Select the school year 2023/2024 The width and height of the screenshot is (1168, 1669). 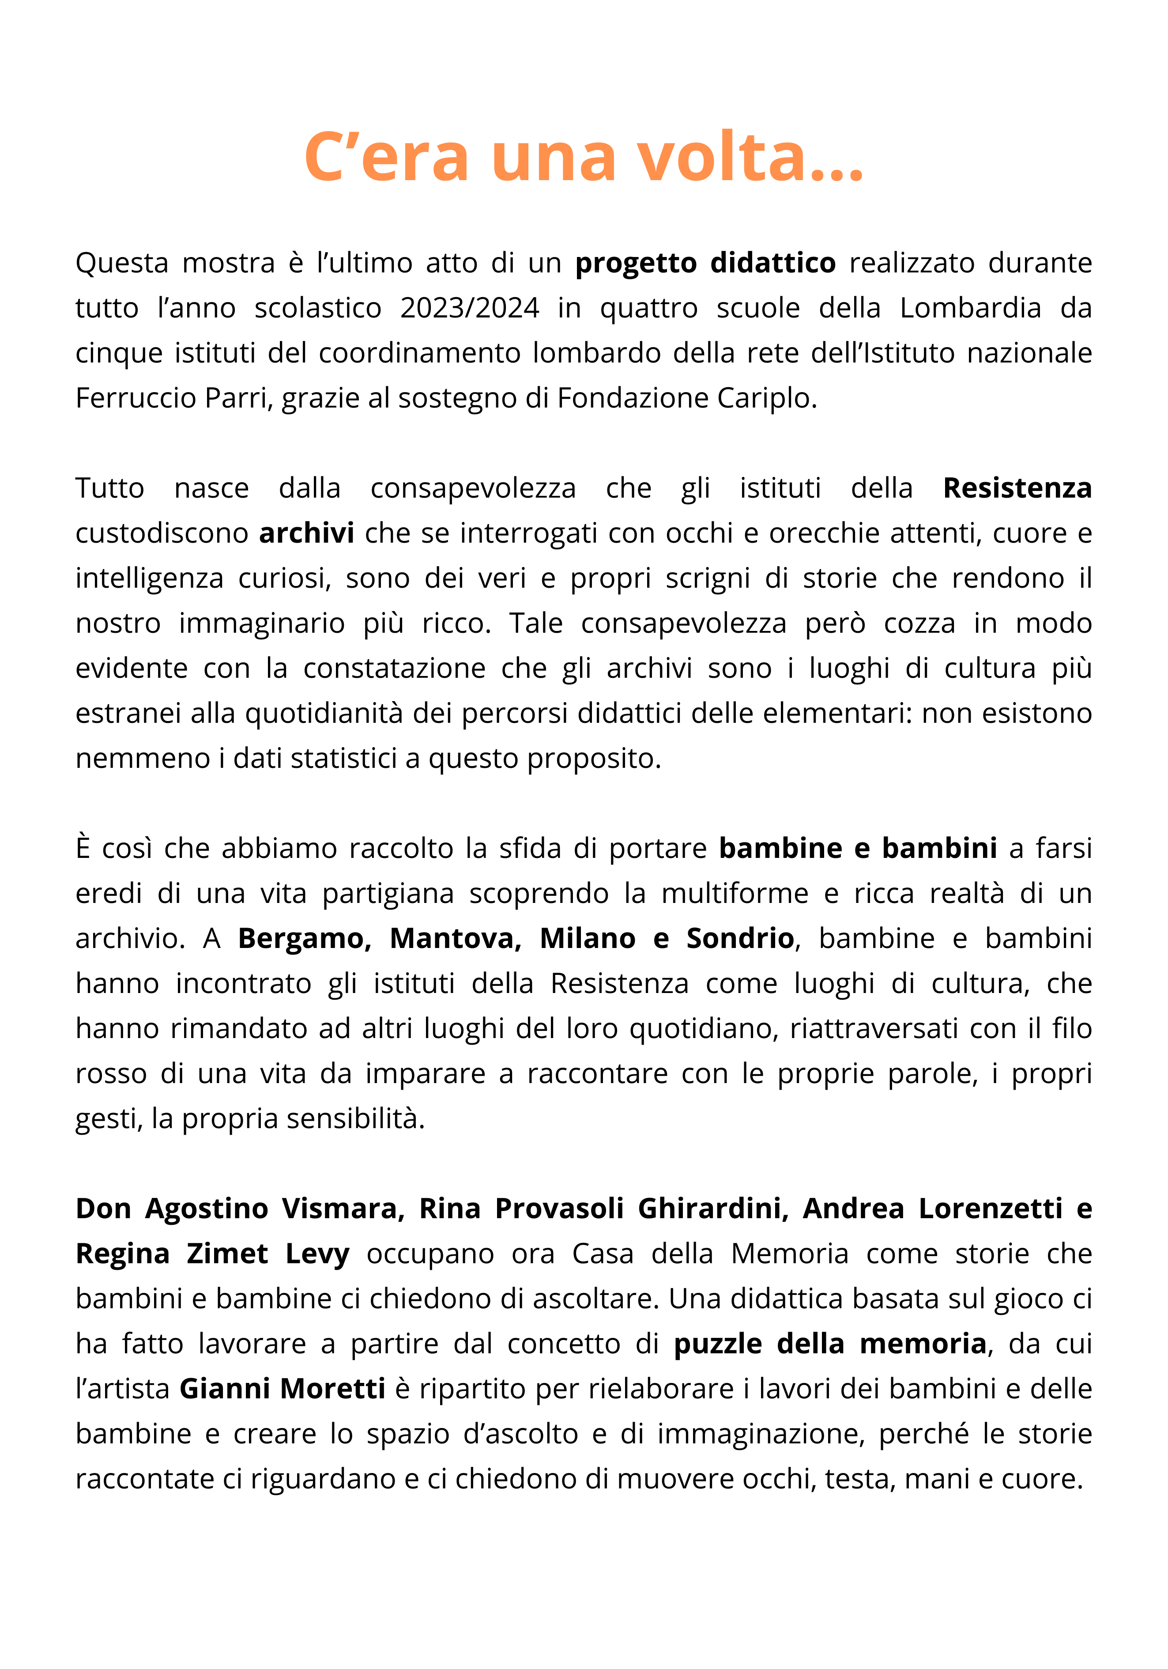pos(470,308)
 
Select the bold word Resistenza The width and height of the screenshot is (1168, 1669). pos(1017,488)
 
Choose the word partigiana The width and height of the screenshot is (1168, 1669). pos(388,893)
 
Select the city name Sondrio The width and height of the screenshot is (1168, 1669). pos(740,938)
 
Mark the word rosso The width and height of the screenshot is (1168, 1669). pos(111,1074)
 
